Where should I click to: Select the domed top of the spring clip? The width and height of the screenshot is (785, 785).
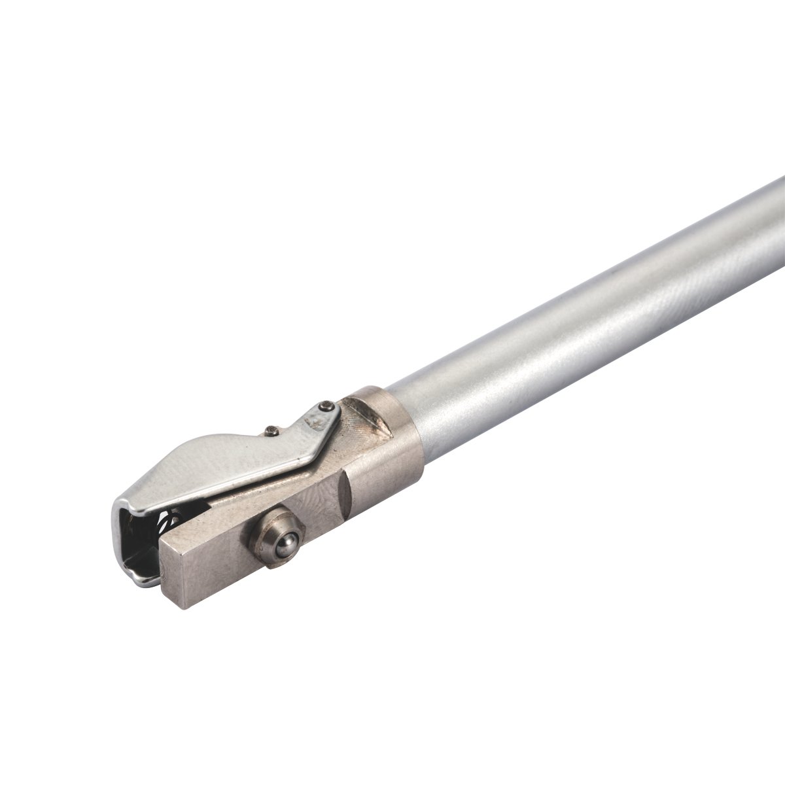click(196, 458)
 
